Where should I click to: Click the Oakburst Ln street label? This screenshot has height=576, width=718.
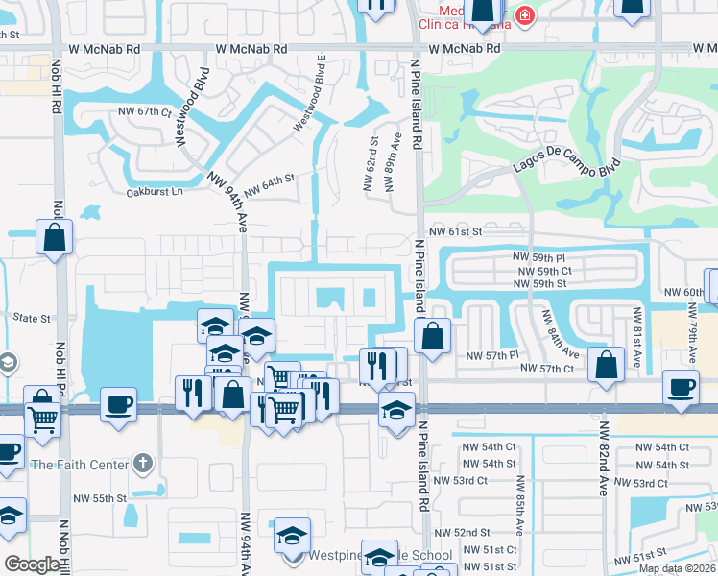click(155, 192)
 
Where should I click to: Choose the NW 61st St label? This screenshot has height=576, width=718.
click(455, 231)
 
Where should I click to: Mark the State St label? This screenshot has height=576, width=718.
click(31, 316)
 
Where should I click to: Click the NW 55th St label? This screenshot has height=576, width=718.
click(101, 498)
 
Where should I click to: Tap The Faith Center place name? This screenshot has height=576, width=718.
click(80, 465)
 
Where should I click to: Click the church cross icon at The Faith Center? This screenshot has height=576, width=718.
click(143, 465)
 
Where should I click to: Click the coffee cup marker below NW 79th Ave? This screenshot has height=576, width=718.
click(682, 387)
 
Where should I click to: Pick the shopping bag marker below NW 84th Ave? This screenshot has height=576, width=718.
click(606, 365)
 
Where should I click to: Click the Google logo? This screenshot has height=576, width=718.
click(33, 564)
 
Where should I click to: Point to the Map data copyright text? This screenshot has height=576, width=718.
click(677, 568)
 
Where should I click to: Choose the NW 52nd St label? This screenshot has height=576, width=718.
click(462, 532)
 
